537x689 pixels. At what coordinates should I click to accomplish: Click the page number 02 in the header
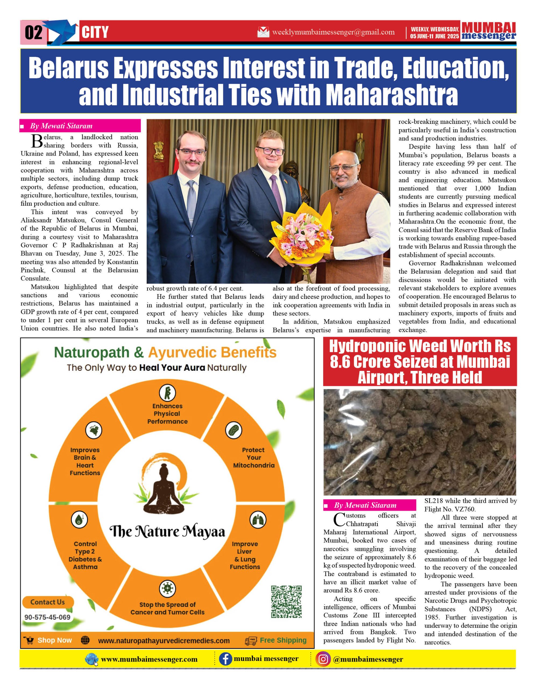coord(33,32)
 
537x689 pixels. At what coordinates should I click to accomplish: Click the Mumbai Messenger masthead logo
coord(489,31)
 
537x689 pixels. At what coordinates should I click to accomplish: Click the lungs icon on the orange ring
coord(258,520)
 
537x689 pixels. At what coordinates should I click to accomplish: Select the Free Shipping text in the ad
coord(283,640)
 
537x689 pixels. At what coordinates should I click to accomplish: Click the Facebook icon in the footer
coord(225,659)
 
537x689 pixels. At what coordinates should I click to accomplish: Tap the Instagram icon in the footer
coord(323,659)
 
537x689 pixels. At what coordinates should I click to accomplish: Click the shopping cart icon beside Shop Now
coord(29,640)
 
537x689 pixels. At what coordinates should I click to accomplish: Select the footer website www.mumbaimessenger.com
coord(149,659)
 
